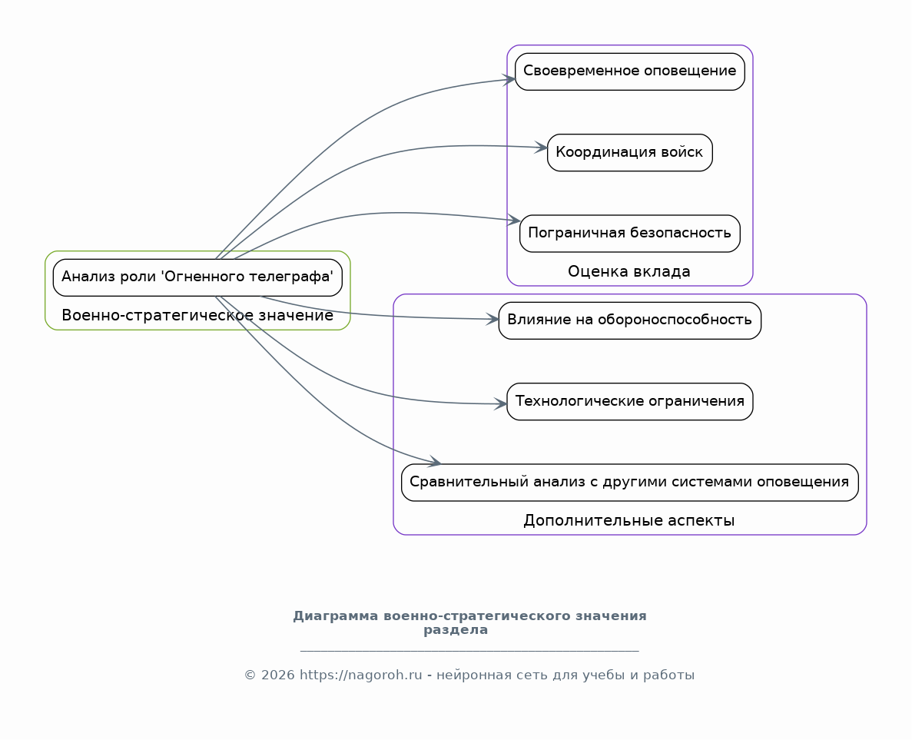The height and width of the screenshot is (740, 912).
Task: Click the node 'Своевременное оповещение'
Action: coord(630,71)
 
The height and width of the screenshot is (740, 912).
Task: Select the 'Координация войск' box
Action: coord(630,152)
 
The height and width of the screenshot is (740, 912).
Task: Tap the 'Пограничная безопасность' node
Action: coord(630,234)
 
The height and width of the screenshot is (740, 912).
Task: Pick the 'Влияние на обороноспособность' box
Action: coord(630,320)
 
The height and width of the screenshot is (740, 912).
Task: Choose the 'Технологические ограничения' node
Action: coord(630,401)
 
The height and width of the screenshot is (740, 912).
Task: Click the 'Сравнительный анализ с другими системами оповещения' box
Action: coord(630,483)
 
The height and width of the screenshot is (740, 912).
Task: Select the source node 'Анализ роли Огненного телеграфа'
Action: coord(197,277)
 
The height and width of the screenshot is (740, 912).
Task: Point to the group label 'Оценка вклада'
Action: coord(629,272)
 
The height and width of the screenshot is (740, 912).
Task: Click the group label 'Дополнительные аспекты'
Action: coord(629,521)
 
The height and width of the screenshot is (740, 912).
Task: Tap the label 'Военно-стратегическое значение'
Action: coord(197,315)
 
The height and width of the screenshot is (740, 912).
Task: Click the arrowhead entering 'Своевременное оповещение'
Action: coord(509,80)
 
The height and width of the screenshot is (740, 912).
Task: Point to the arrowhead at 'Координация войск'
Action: coord(541,148)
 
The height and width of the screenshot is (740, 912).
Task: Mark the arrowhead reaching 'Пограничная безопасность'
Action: coord(513,220)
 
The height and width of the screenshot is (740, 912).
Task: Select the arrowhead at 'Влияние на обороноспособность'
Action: coord(492,320)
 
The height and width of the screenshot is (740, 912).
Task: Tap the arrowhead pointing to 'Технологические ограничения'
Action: coord(501,403)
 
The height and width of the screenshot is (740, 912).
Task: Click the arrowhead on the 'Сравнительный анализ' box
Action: coord(434,462)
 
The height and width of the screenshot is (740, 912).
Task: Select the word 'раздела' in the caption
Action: coord(456,630)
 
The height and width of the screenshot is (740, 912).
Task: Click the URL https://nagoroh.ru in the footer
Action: coord(360,675)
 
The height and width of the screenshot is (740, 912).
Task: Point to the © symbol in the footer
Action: coord(250,675)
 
